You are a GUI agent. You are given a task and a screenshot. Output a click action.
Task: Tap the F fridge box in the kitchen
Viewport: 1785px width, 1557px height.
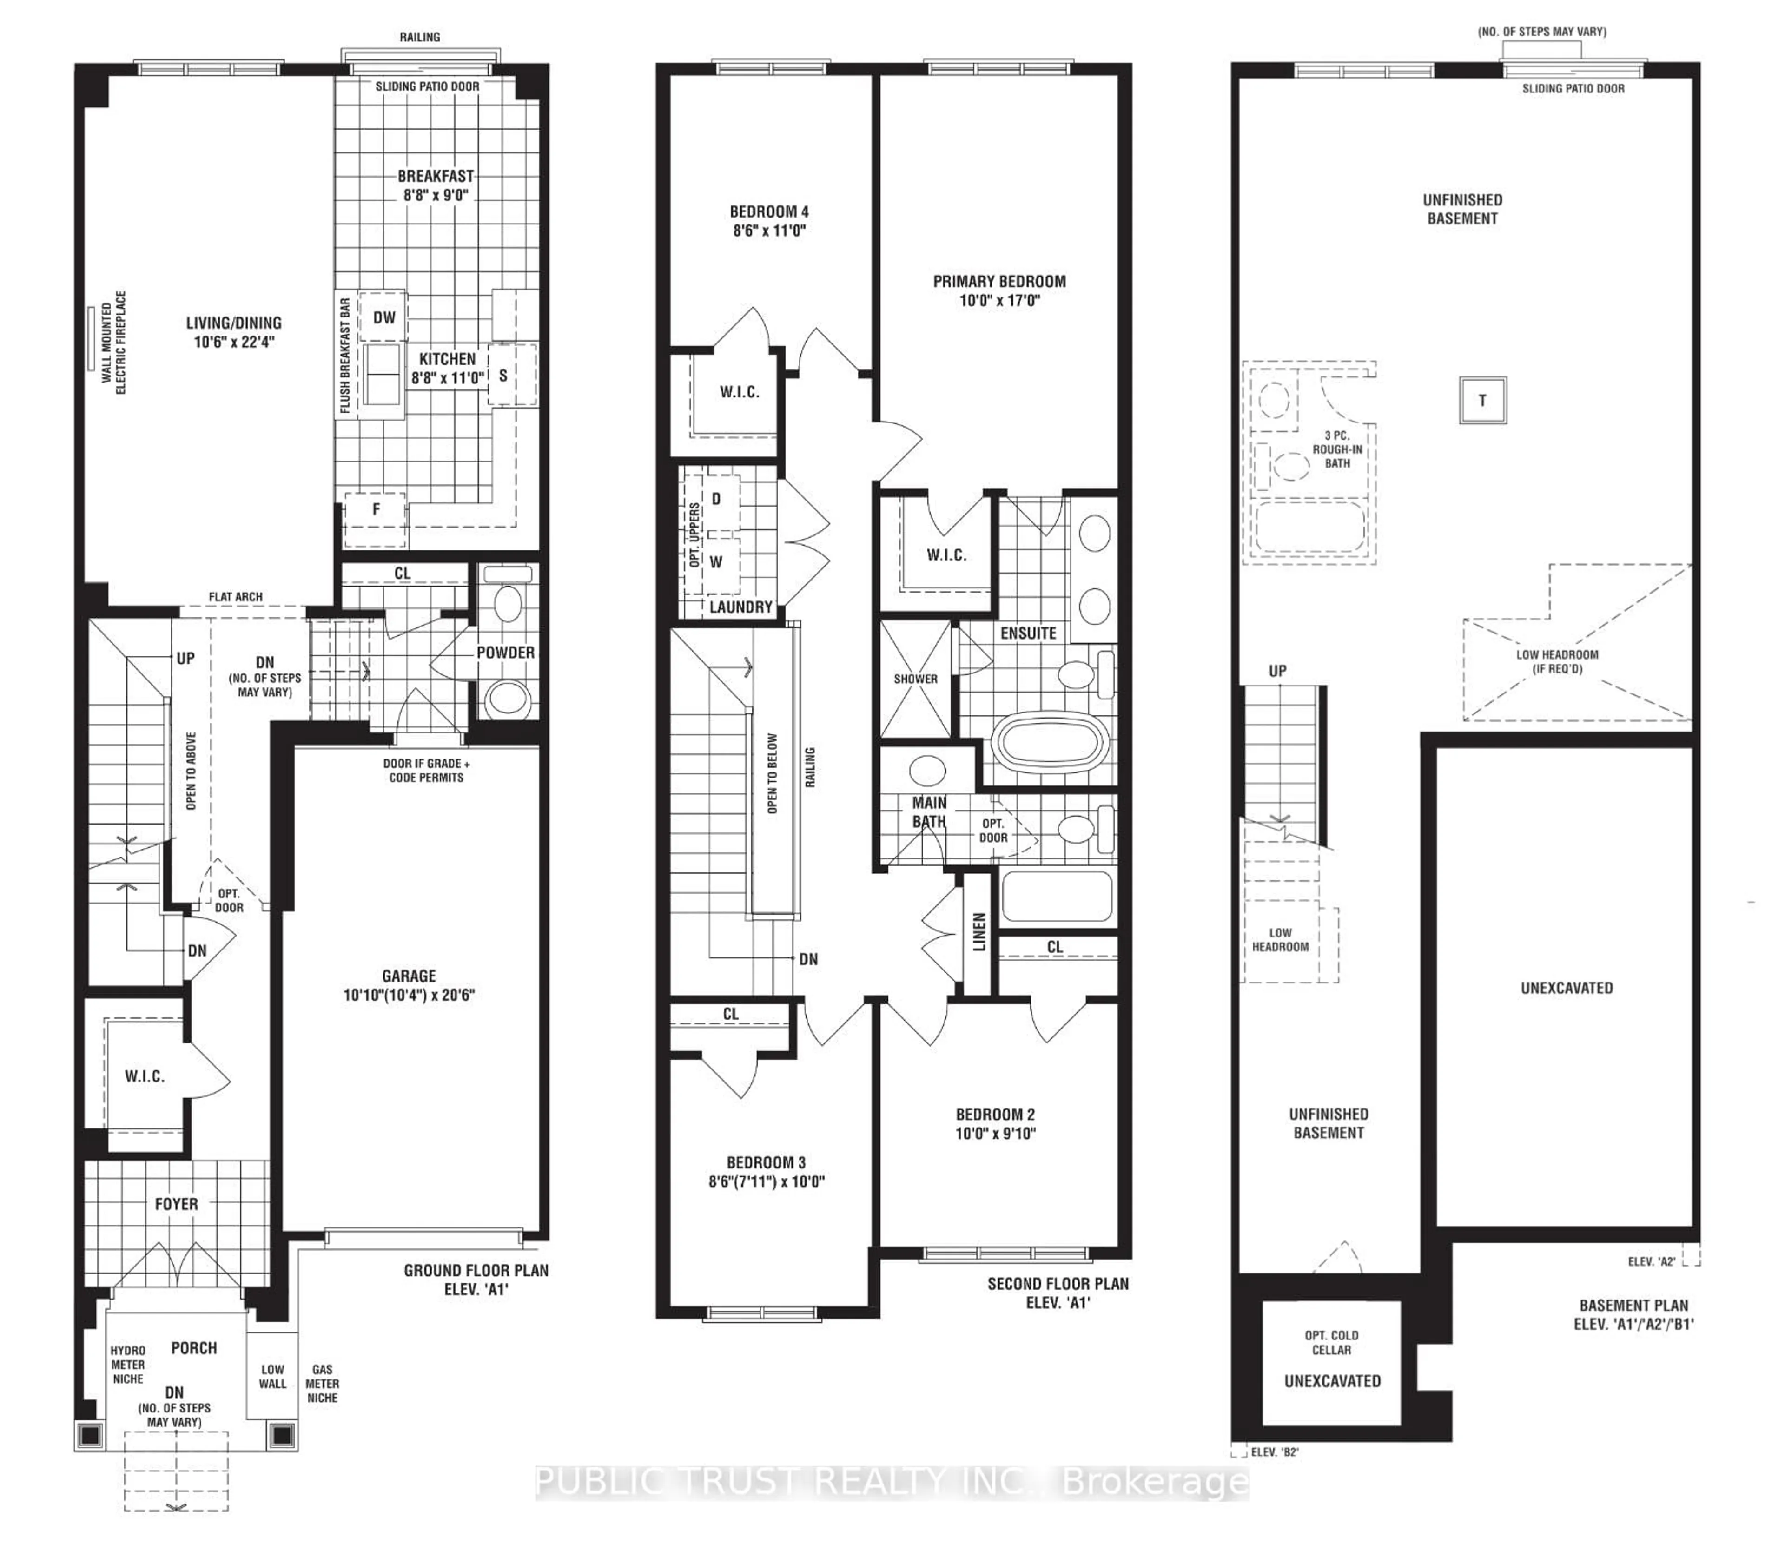pyautogui.click(x=376, y=509)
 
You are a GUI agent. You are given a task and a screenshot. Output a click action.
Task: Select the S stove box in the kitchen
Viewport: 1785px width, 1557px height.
pyautogui.click(x=503, y=376)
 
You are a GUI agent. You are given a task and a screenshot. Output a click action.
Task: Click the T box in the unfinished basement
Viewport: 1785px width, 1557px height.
pyautogui.click(x=1482, y=401)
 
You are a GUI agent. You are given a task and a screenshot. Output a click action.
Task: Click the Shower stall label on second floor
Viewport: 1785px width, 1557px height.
pyautogui.click(x=915, y=679)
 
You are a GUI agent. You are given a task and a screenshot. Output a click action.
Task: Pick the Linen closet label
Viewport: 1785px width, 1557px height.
pyautogui.click(x=979, y=931)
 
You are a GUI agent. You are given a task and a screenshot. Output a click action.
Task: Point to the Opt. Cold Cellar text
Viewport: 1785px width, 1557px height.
pyautogui.click(x=1331, y=1342)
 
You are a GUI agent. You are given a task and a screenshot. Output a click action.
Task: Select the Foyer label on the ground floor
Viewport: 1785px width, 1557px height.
pyautogui.click(x=177, y=1204)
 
